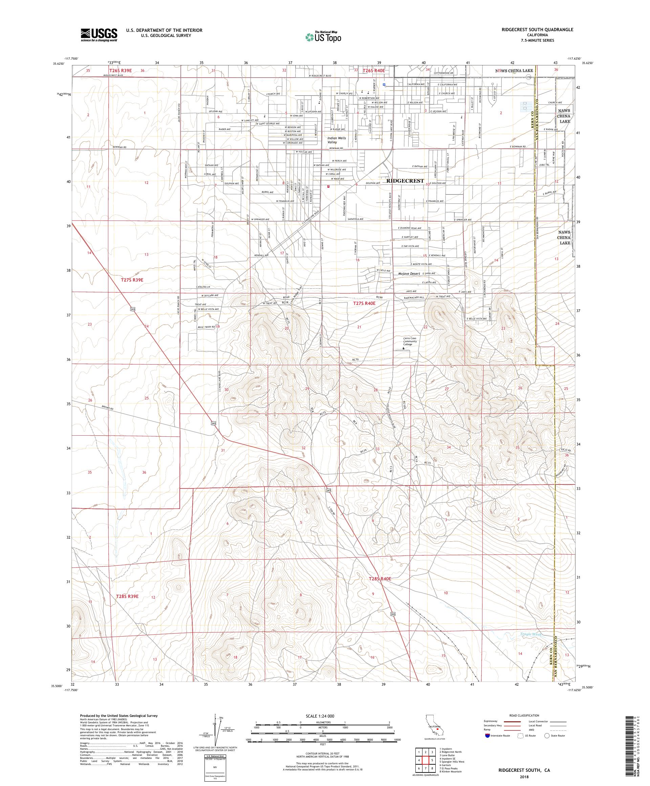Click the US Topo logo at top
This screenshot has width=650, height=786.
coord(324,37)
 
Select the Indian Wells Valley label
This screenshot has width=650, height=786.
coord(337,140)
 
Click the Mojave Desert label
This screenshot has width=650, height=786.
coord(410,274)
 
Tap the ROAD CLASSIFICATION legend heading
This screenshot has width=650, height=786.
coord(525,715)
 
